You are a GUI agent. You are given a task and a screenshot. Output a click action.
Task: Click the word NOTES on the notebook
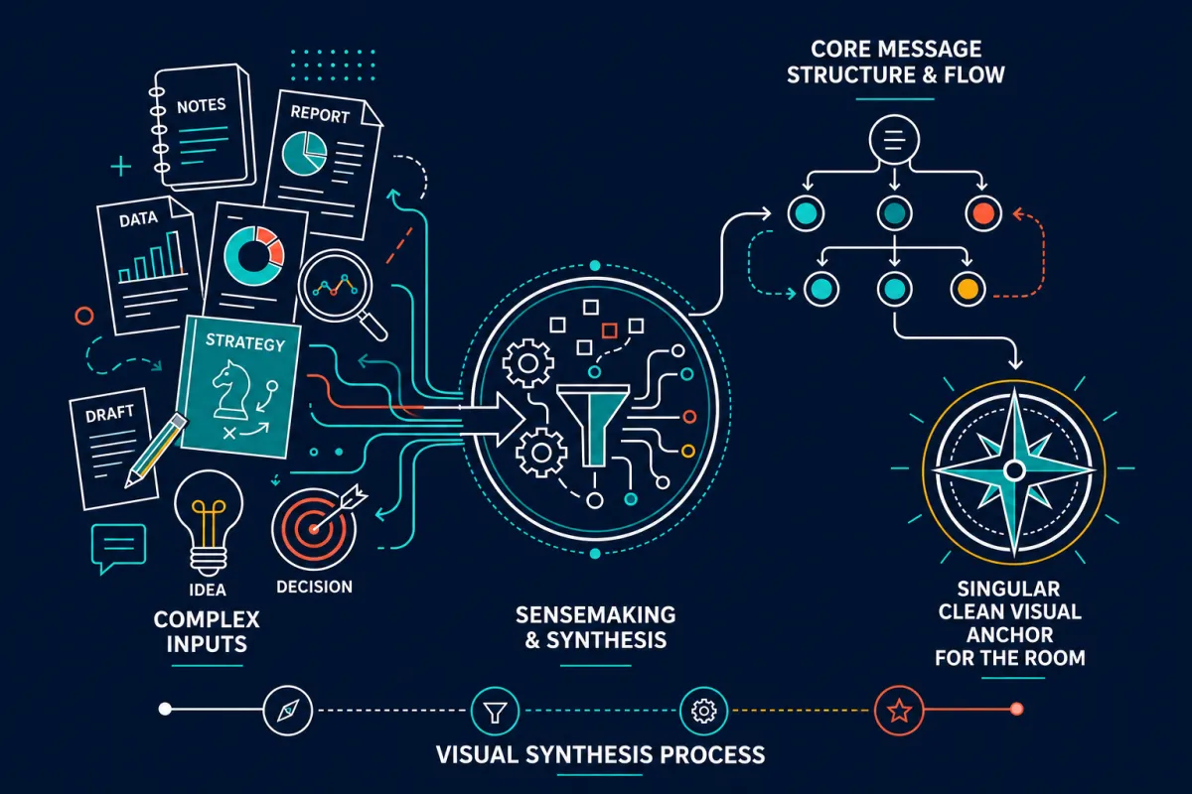click(x=201, y=106)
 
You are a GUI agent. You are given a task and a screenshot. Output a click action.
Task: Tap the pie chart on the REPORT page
click(x=304, y=153)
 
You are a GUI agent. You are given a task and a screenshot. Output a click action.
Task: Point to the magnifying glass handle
click(x=372, y=325)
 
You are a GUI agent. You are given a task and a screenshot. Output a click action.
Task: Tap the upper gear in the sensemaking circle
click(x=527, y=363)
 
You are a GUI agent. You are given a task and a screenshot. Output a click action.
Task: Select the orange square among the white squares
click(x=609, y=331)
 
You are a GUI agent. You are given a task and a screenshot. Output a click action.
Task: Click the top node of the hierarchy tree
click(x=894, y=140)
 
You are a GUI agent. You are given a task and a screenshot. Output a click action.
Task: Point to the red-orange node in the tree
click(x=982, y=213)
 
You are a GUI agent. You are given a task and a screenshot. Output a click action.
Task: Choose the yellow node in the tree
click(x=968, y=289)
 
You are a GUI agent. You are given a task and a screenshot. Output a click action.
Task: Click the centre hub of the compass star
click(x=1014, y=470)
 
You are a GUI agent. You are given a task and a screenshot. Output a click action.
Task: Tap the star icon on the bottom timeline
click(x=899, y=711)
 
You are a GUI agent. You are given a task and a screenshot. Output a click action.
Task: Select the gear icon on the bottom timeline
click(x=703, y=711)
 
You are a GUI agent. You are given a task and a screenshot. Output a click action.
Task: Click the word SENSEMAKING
click(x=595, y=615)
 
